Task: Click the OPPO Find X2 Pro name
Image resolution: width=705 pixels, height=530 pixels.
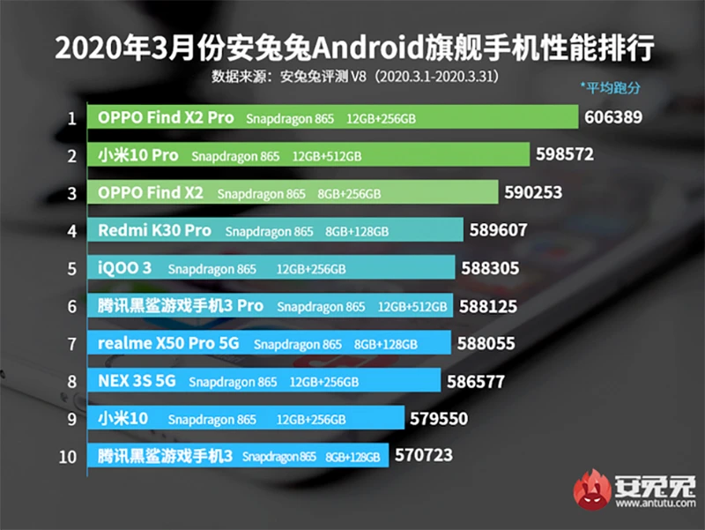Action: click(165, 117)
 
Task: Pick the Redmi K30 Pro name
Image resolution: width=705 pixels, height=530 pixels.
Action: click(154, 230)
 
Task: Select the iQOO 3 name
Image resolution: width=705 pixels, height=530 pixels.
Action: click(125, 268)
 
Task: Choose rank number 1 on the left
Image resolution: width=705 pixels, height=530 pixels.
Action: click(70, 117)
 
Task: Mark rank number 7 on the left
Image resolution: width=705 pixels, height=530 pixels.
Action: click(70, 344)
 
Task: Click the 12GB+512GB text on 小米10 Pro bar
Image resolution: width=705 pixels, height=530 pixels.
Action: click(328, 156)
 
